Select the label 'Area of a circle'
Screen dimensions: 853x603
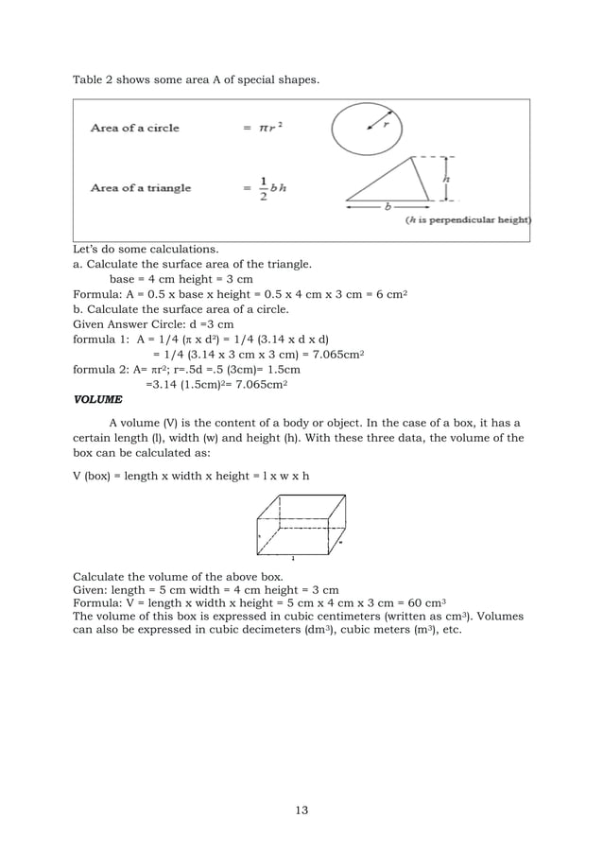(x=134, y=128)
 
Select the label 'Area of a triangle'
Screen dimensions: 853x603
(x=140, y=187)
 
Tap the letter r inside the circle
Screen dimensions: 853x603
(x=386, y=122)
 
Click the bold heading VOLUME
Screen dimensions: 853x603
(x=98, y=399)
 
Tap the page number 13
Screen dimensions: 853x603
(x=301, y=809)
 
